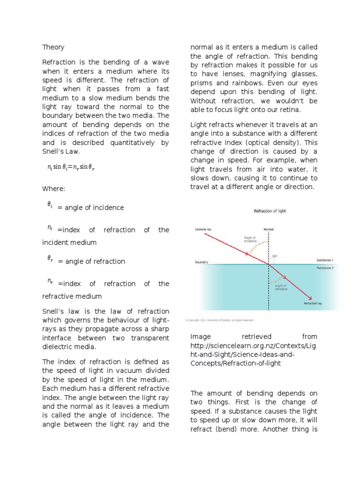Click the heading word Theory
point(53,47)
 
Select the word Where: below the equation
point(54,188)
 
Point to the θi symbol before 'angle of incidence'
point(49,204)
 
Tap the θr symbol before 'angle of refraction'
point(50,258)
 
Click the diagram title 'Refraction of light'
point(270,211)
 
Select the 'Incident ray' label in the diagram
point(204,229)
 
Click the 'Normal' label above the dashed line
point(269,229)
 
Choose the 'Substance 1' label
point(325,260)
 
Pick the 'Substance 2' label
point(325,268)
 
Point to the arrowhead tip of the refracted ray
point(311,298)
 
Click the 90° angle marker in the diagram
point(274,256)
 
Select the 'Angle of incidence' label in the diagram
point(250,239)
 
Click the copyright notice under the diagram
point(219,321)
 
